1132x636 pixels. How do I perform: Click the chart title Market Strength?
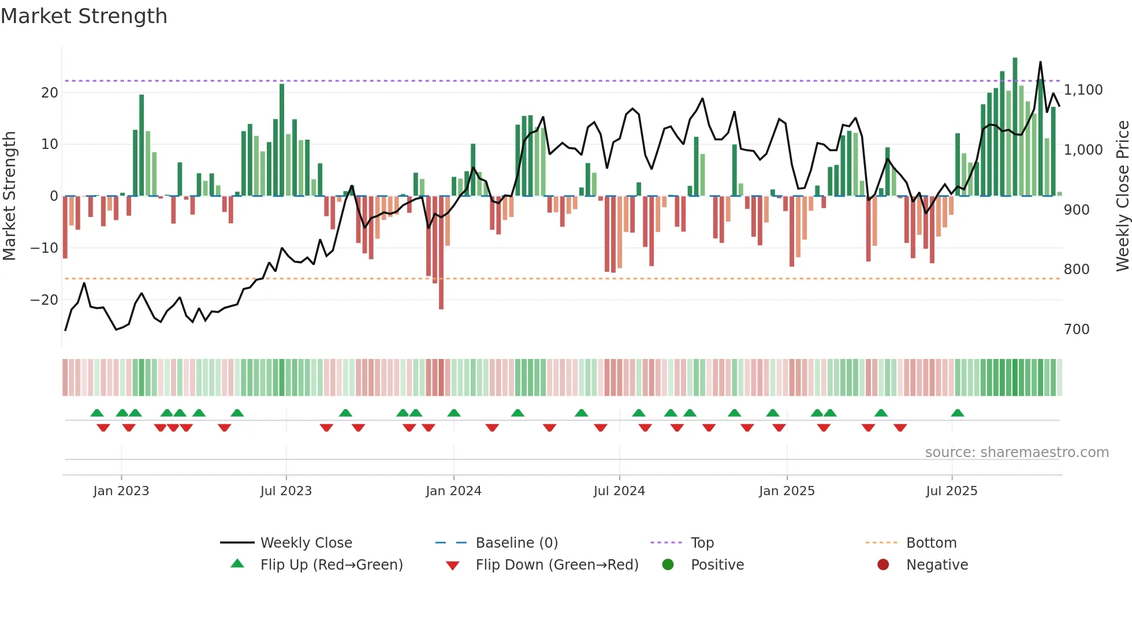84,16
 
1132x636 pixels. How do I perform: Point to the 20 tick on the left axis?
50,93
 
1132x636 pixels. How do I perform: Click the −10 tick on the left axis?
44,248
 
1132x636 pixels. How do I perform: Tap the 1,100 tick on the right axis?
1083,90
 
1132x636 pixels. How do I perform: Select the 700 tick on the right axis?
1077,330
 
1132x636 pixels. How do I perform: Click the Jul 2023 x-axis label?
286,491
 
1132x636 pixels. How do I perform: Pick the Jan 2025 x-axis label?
787,491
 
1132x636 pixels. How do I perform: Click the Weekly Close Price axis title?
1122,196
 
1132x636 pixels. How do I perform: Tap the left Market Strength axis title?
10,196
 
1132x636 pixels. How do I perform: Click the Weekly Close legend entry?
306,543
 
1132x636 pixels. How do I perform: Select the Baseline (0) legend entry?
516,543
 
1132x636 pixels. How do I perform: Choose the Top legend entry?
702,543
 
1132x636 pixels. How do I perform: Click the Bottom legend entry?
931,543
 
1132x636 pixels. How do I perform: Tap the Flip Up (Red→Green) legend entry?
332,565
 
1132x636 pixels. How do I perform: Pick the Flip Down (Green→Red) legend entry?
557,565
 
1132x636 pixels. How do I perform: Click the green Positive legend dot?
668,565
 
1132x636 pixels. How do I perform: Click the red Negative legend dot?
883,565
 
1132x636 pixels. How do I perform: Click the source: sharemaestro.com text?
1016,452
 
